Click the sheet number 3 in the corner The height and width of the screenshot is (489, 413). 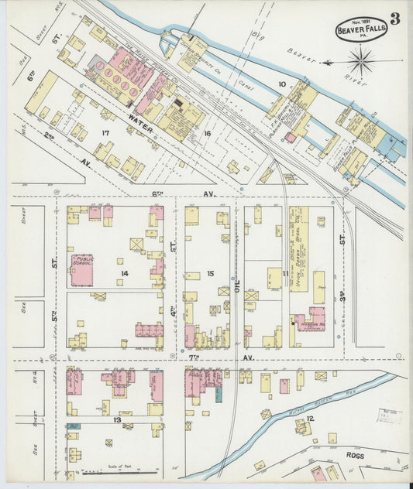(395, 18)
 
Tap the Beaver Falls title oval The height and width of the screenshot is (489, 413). (360, 29)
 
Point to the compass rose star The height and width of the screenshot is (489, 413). (361, 60)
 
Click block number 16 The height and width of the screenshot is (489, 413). (206, 134)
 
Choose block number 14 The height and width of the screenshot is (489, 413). (124, 274)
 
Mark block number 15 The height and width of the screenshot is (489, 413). (209, 274)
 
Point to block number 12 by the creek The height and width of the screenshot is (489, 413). (310, 419)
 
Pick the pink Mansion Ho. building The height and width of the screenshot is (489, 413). (311, 319)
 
